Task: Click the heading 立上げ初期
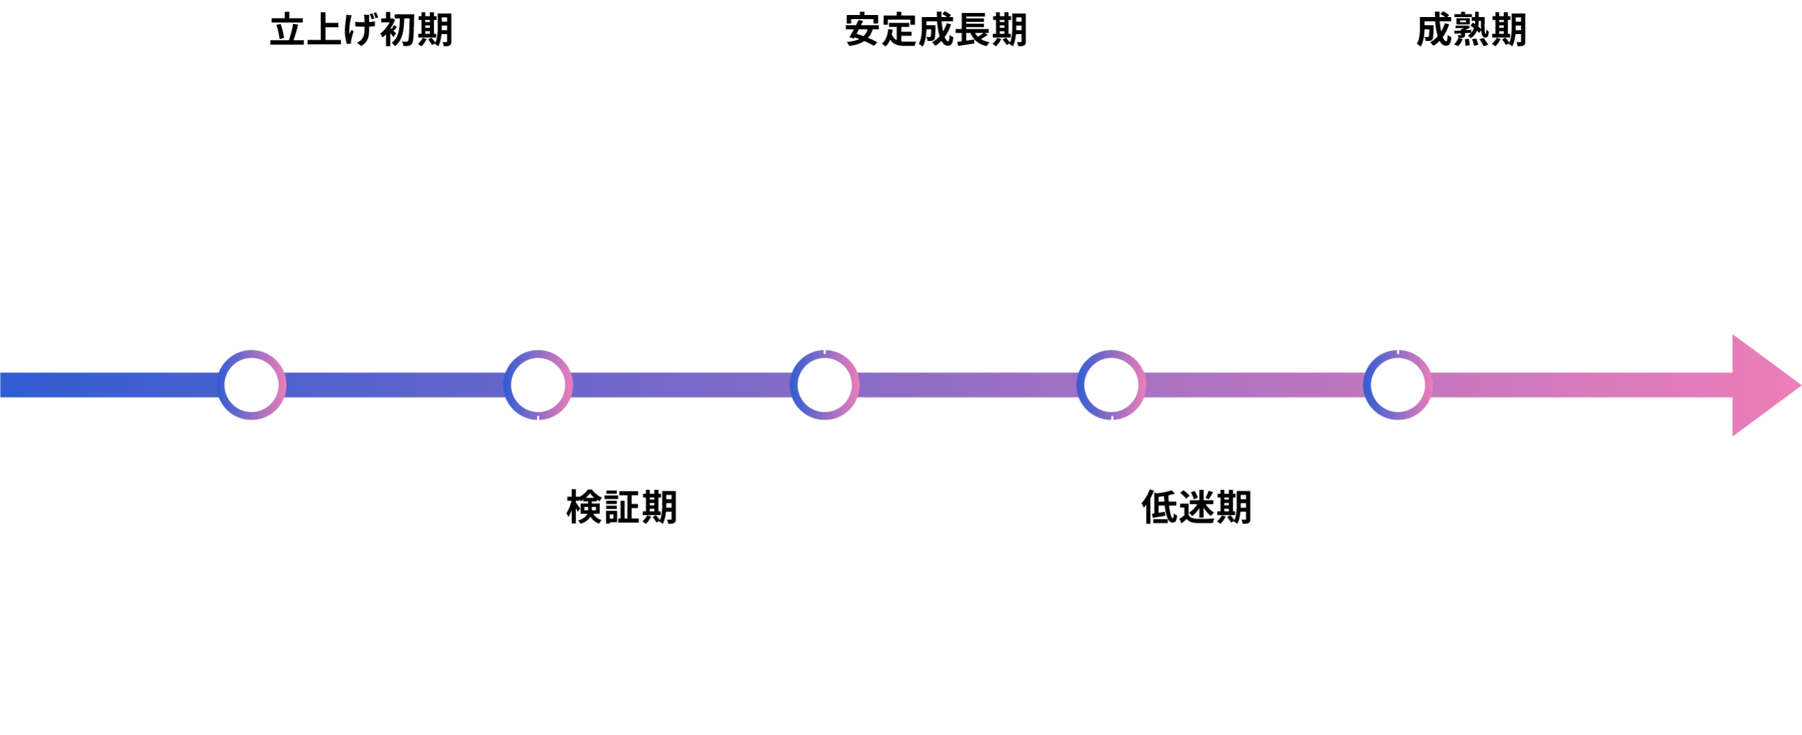(362, 30)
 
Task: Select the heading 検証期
(623, 507)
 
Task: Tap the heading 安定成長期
(936, 30)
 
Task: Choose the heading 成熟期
(1472, 30)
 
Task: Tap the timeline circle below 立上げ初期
(251, 385)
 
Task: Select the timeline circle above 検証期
(538, 385)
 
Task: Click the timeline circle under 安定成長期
(825, 385)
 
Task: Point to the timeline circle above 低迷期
(1111, 385)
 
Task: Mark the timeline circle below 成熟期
(1398, 385)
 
